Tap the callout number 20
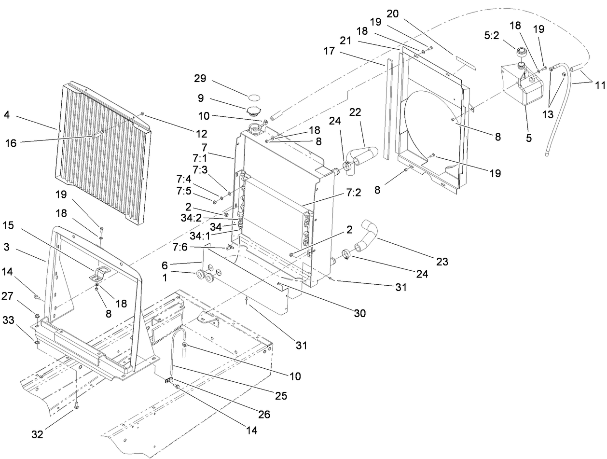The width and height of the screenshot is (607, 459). point(392,14)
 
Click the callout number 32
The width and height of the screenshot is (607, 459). point(37,434)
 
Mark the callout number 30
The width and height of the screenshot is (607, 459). point(359,314)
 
